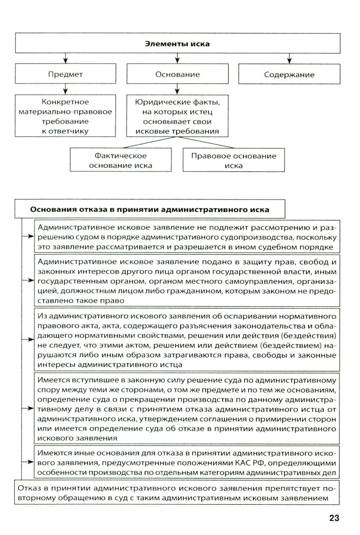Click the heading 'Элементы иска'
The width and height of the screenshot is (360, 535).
coord(177,44)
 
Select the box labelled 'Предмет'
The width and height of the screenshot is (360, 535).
coord(66,75)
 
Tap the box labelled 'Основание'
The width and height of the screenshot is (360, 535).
coord(177,75)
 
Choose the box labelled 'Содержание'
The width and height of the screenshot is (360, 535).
coord(289,75)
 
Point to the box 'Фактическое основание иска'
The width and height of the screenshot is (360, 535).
coord(121,161)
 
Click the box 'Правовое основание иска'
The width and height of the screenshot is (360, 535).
coord(234,161)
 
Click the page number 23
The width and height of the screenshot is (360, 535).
coord(334,518)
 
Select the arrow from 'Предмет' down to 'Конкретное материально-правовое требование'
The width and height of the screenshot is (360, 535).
coord(65,89)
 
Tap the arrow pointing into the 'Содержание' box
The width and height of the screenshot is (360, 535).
coord(289,59)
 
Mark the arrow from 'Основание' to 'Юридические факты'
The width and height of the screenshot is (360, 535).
coord(177,89)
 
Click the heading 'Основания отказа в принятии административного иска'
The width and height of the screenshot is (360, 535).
coord(149,210)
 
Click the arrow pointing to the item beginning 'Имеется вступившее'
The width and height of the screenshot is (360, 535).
coord(28,409)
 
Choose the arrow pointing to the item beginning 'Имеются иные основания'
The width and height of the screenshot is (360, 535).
coord(28,462)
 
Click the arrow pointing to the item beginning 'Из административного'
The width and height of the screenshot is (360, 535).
coord(28,339)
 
